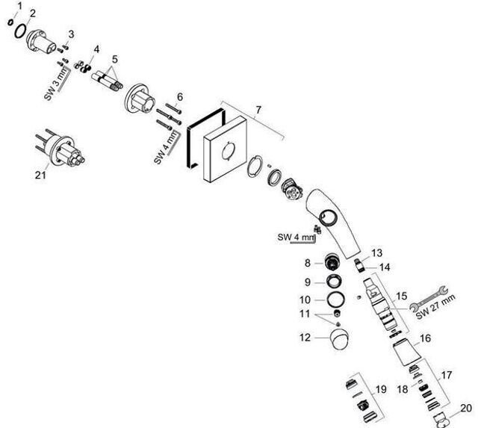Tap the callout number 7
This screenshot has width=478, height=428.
coord(258,111)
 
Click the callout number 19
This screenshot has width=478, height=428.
coord(381,389)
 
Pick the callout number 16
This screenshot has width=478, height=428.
coord(425,338)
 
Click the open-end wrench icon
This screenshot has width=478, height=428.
coord(432,289)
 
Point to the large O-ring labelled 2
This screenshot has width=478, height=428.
coord(23,34)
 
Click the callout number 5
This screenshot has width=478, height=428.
coord(115,58)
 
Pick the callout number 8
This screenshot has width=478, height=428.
coord(306,263)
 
